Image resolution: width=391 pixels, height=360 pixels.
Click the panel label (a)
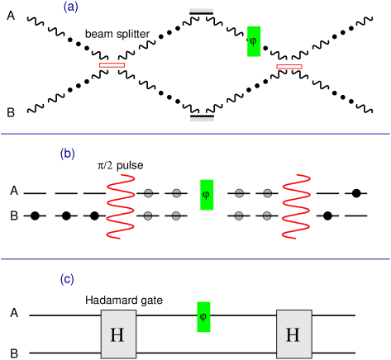pos(70,7)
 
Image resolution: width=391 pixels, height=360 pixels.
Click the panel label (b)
pos(68,154)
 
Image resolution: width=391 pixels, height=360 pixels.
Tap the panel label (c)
pos(68,279)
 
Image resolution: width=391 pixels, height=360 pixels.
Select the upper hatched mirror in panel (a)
pos(201,11)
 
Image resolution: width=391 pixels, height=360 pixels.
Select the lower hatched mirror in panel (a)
pos(202,119)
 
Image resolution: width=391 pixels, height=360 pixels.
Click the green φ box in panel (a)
pos(254,41)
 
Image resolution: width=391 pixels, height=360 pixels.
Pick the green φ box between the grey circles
pos(207,195)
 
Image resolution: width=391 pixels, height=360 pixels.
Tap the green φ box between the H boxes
pos(203,317)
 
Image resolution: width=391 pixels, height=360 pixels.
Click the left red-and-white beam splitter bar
pos(112,64)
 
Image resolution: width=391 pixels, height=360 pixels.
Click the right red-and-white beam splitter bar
pos(289,66)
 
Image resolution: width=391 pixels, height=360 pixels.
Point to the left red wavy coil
pos(121,206)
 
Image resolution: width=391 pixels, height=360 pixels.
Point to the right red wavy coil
pos(296,206)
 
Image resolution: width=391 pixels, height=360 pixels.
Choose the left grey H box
pos(118,334)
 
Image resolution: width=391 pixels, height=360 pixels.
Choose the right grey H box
pos(293,334)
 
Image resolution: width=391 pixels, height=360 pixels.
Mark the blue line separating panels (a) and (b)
pos(195,134)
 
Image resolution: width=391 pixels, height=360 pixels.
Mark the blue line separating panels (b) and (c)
pos(195,259)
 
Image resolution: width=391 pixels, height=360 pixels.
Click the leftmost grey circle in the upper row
pos(148,193)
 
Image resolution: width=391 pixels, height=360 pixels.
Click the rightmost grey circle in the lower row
pos(267,216)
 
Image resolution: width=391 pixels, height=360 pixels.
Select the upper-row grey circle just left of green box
pos(176,193)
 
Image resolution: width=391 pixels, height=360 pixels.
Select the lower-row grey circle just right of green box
pos(239,216)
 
